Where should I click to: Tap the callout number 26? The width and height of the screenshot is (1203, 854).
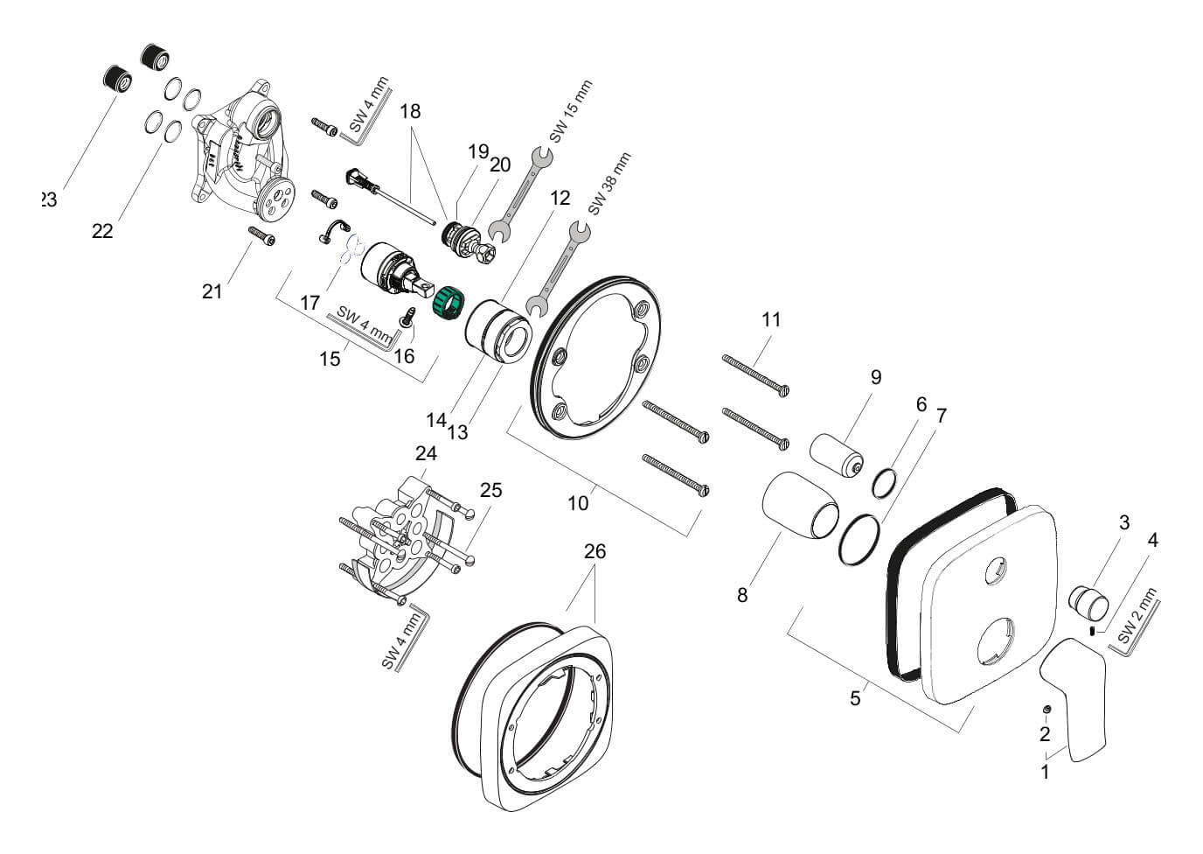[x=595, y=552]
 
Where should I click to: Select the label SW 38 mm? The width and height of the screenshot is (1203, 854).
[x=608, y=184]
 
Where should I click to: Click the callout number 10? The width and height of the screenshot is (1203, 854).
[x=578, y=503]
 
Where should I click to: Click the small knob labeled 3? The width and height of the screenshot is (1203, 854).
[x=1089, y=603]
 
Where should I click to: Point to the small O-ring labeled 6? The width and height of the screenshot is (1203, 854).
[x=885, y=482]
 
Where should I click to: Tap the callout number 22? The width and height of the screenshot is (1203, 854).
[x=102, y=231]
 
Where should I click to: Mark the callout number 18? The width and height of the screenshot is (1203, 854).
[x=410, y=112]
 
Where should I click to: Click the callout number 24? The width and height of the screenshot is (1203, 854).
[x=426, y=454]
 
